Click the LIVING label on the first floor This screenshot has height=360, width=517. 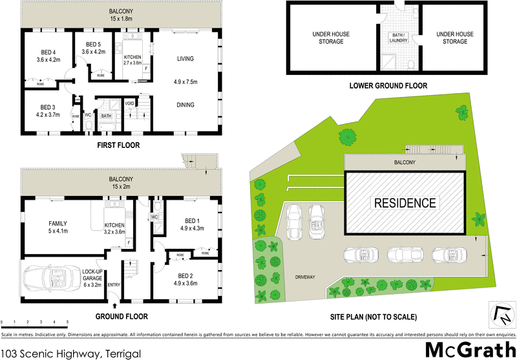[185, 59]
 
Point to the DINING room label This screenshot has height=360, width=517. [185, 105]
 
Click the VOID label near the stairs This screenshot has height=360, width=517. [129, 103]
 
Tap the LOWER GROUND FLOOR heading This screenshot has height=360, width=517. [388, 86]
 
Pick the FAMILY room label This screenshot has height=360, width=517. [58, 224]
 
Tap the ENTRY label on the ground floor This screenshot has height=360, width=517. [114, 284]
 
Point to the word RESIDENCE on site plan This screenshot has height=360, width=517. [405, 203]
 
